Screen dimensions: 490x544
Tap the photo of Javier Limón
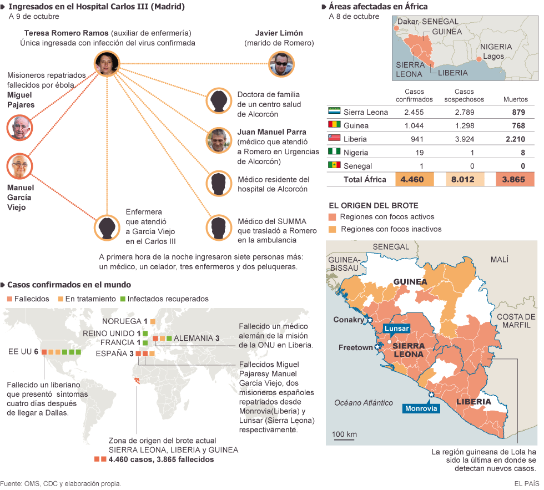281,64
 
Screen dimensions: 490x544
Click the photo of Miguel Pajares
20,128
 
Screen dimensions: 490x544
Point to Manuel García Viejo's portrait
20,166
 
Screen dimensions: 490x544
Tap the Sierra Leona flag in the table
334,112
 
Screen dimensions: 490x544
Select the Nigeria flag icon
334,152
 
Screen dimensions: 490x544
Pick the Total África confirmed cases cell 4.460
412,179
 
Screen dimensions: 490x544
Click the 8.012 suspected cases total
464,179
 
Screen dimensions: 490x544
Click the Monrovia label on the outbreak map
421,408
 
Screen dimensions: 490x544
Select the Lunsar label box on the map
396,329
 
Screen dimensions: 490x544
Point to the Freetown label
356,347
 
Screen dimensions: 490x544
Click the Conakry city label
348,320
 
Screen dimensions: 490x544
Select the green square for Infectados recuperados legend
122,299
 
